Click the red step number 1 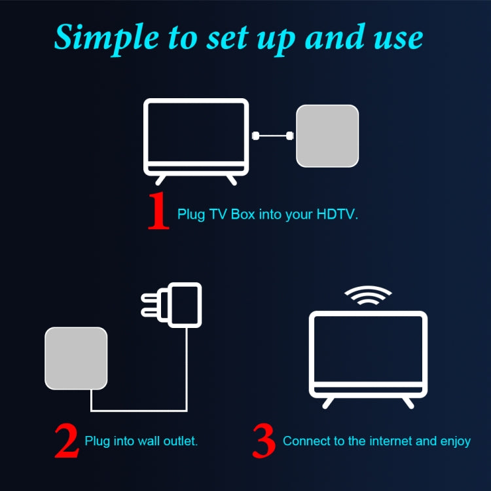tap(158, 212)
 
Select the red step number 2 tap(66, 442)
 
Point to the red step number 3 tap(264, 442)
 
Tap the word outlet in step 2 tap(180, 441)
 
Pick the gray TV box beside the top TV tap(327, 136)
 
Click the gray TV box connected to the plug tap(75, 358)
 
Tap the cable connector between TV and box tap(272, 136)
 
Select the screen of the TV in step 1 tap(196, 133)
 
